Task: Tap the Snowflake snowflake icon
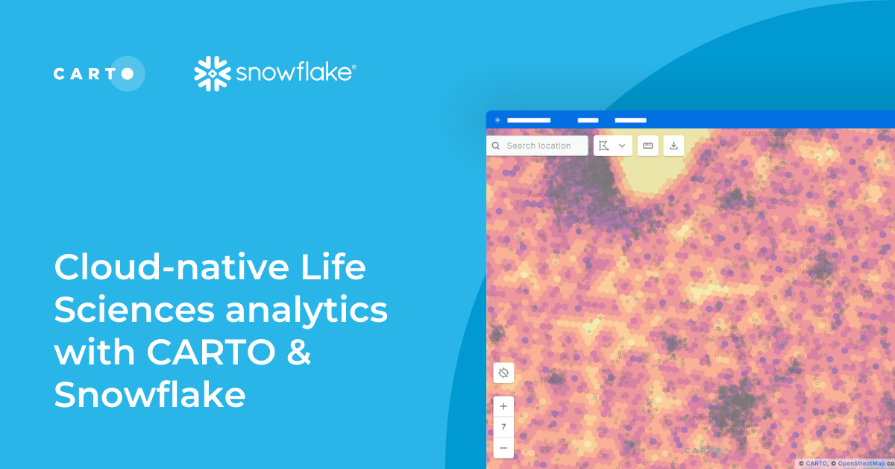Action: (211, 73)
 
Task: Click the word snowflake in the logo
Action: (295, 73)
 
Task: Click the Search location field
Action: (538, 146)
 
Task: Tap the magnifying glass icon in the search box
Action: (496, 146)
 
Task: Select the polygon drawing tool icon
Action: (604, 146)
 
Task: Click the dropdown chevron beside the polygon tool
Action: (622, 146)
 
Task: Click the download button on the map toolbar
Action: (673, 146)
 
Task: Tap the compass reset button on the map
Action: (503, 373)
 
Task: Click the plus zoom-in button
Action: (503, 406)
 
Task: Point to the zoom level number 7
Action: (503, 426)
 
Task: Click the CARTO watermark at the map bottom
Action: (703, 450)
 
